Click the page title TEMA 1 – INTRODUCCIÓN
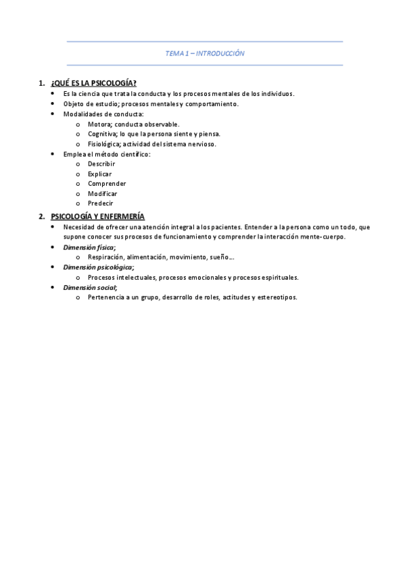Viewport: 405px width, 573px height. (x=205, y=53)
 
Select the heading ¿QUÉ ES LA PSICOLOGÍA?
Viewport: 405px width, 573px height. (x=93, y=83)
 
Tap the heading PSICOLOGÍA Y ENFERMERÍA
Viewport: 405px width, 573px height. (x=97, y=216)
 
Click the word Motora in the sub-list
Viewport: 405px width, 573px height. (x=99, y=124)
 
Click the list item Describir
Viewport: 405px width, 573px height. (x=101, y=164)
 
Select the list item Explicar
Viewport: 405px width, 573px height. (x=100, y=174)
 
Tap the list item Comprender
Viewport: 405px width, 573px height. (x=107, y=184)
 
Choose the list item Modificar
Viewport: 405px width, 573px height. (x=103, y=194)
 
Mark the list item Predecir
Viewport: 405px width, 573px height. (x=101, y=203)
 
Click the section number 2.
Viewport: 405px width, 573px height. (x=42, y=216)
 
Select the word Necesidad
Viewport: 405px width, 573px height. (x=78, y=227)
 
